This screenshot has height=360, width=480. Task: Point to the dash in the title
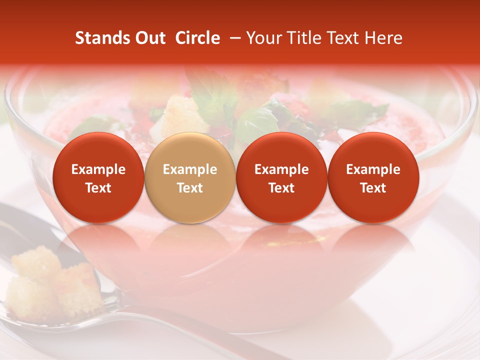(x=233, y=38)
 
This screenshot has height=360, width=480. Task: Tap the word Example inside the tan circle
(x=190, y=170)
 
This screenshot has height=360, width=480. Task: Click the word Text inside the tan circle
(x=190, y=188)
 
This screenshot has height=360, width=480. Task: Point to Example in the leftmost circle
(x=98, y=170)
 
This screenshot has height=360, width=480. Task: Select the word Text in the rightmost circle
(x=373, y=188)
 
